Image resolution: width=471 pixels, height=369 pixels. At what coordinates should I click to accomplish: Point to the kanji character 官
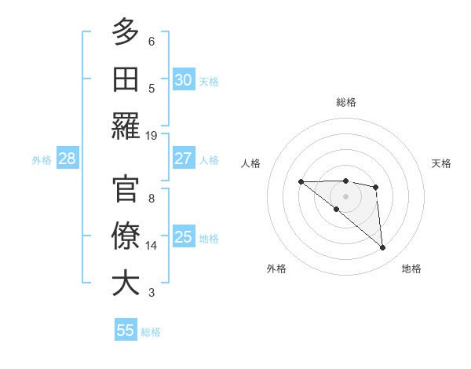(x=126, y=188)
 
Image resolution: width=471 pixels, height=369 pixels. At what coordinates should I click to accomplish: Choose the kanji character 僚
(x=126, y=236)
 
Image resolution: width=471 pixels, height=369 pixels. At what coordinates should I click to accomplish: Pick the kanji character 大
(x=126, y=283)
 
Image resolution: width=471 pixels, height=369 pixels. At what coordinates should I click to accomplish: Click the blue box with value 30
(x=183, y=79)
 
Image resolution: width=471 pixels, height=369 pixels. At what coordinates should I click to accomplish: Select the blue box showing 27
(x=183, y=159)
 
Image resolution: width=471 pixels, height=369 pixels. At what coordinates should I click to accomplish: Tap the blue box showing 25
(x=183, y=237)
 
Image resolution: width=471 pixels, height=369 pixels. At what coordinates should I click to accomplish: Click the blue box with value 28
(x=67, y=159)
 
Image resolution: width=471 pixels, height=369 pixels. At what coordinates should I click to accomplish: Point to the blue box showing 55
(x=126, y=331)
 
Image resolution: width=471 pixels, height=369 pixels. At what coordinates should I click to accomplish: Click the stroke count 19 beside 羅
(x=152, y=135)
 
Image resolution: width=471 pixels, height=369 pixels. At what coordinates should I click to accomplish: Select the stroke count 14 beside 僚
(x=152, y=245)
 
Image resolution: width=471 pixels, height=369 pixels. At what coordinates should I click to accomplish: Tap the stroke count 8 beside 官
(x=152, y=198)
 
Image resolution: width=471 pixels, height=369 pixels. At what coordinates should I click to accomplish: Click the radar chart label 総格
(x=345, y=101)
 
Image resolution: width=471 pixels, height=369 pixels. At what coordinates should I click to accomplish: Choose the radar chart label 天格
(x=442, y=163)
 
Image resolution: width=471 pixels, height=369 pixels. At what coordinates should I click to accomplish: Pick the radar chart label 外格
(x=276, y=269)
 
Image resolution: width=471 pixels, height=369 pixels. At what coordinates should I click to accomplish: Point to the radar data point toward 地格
(x=383, y=248)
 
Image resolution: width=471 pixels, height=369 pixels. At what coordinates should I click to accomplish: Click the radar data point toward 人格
(x=301, y=182)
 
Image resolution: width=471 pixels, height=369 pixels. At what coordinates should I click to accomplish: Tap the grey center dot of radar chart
(x=345, y=196)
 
